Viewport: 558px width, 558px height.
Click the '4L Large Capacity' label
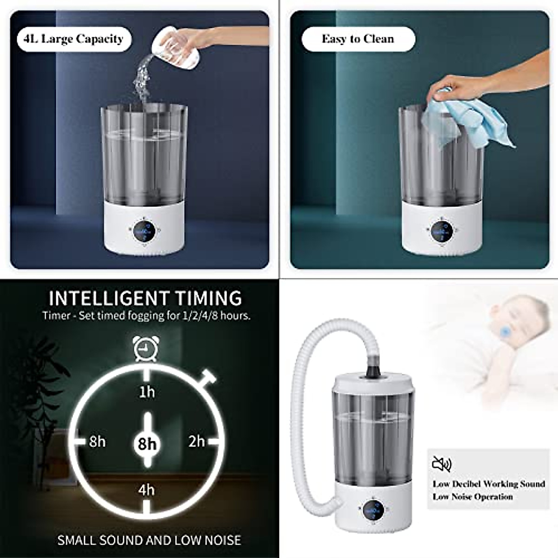coord(73,39)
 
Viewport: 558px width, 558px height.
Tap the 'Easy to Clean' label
coord(358,39)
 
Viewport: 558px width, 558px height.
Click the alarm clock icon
coord(146,349)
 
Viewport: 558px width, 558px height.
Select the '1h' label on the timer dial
coord(147,392)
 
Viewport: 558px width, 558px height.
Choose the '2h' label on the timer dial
coord(197,441)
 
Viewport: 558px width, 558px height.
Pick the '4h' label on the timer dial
coord(146,490)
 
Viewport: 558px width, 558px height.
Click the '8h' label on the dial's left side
coord(97,441)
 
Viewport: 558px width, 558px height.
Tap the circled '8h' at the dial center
coord(147,443)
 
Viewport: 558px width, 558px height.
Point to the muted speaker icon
coord(441,464)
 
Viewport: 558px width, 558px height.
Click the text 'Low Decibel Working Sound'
coord(489,484)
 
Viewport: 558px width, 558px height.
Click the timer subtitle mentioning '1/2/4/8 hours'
coord(146,316)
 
